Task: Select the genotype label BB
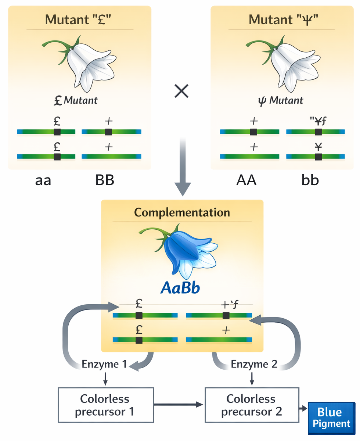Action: pos(105,181)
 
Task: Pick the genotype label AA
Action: pos(246,181)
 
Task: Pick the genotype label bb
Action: pos(310,181)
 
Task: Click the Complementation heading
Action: pos(182,212)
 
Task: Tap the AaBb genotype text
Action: pos(180,288)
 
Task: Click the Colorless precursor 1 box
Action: pos(105,405)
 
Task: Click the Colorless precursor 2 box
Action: pos(251,405)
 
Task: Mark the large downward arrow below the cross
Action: pos(182,165)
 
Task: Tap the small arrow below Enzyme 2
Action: pos(252,379)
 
